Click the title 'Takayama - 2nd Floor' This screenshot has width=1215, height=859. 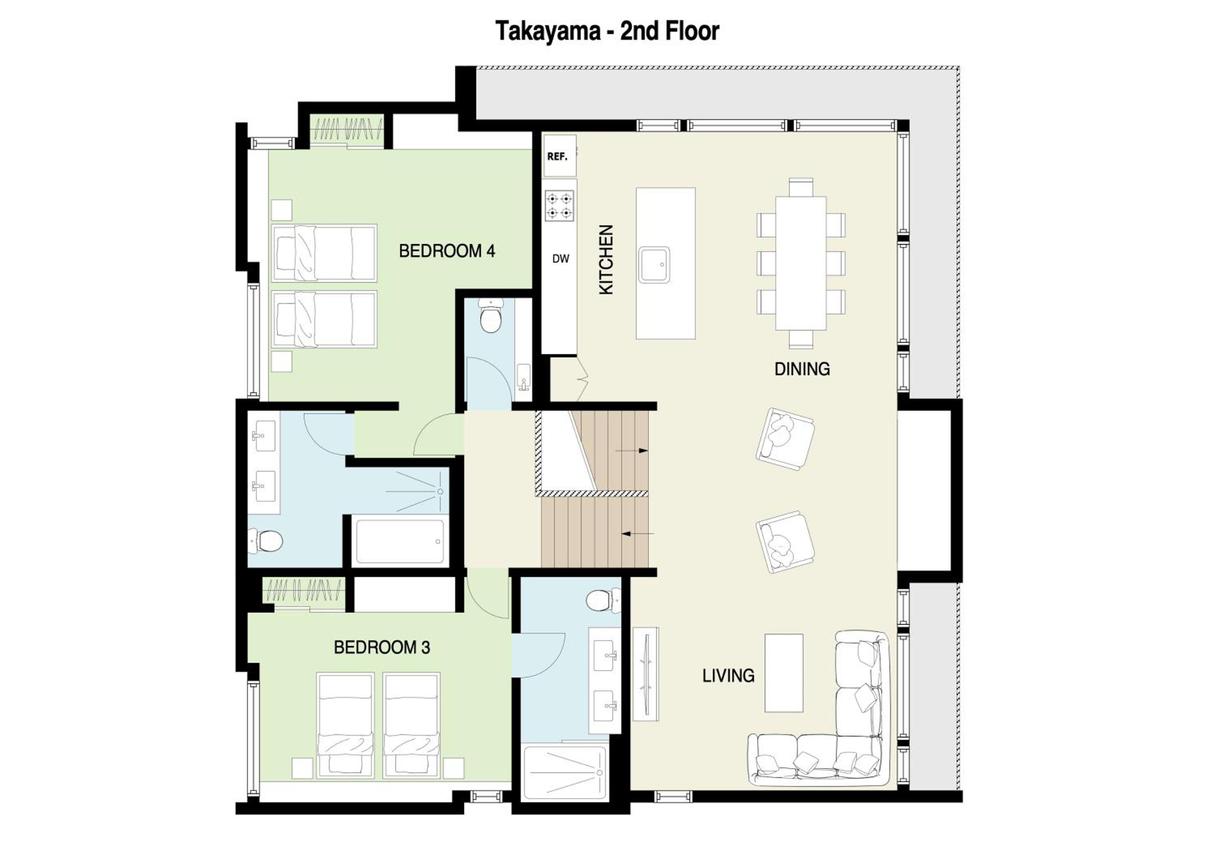(607, 31)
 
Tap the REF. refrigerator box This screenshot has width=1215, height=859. (559, 156)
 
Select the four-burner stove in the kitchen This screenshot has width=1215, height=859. (559, 206)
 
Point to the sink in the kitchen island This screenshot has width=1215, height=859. (654, 265)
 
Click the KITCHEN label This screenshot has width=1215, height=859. (605, 259)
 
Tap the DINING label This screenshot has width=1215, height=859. (802, 369)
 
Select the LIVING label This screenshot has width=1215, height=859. (728, 675)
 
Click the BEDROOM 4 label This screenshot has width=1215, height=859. (447, 251)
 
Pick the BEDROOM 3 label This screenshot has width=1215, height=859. (382, 647)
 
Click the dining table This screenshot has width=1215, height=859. (801, 263)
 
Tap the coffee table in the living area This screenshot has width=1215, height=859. (784, 673)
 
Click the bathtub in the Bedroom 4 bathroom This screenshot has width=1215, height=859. (400, 541)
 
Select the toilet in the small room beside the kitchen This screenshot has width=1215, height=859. (490, 316)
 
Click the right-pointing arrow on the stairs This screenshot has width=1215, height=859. (632, 451)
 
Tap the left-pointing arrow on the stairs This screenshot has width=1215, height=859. (637, 534)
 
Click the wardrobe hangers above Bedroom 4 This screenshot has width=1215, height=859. (346, 128)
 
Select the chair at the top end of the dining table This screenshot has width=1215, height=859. (801, 187)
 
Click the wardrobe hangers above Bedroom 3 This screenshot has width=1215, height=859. (304, 589)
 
